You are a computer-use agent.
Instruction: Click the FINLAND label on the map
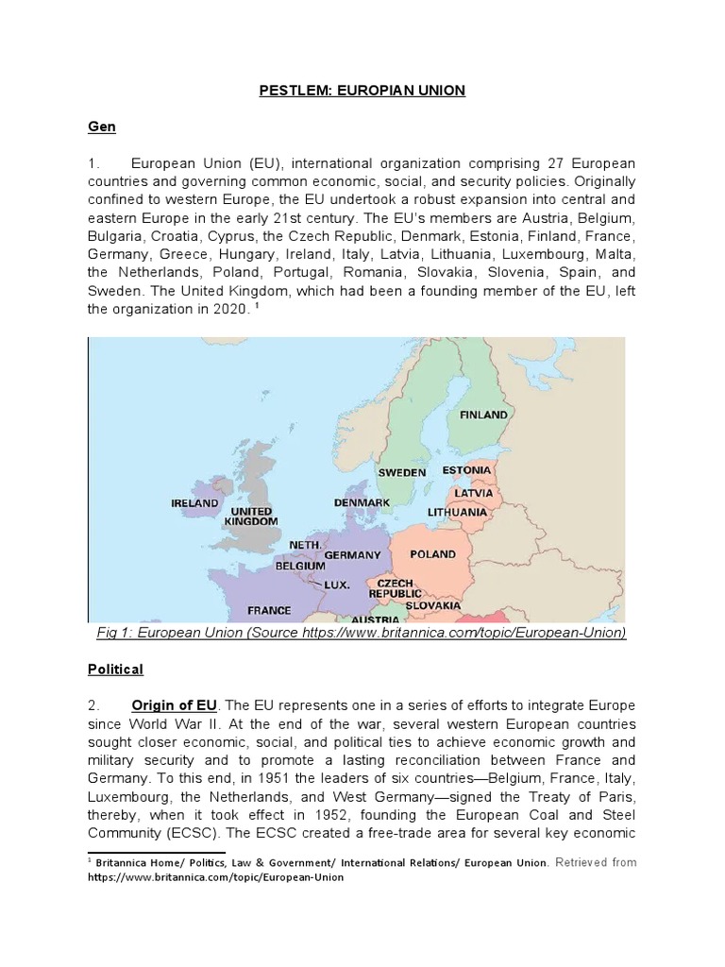pos(483,415)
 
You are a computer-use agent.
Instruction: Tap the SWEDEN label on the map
pos(402,472)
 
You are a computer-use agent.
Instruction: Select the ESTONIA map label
pos(466,469)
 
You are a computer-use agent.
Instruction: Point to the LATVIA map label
pos(473,492)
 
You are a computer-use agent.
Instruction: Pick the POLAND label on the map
pos(432,554)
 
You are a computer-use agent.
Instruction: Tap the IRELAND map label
pos(194,503)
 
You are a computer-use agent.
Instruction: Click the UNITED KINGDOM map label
pos(252,516)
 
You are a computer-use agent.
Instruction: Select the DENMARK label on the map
pos(362,502)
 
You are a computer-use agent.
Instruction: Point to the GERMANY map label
pos(352,555)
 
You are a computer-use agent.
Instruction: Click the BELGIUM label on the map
pos(299,567)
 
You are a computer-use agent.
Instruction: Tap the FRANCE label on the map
pos(269,610)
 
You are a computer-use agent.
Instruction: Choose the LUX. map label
pos(337,585)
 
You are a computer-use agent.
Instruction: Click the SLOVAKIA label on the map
pos(433,604)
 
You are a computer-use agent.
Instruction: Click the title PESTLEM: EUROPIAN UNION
pos(362,91)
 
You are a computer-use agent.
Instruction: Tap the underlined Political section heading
pos(115,670)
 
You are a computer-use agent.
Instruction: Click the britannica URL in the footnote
pos(216,877)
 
